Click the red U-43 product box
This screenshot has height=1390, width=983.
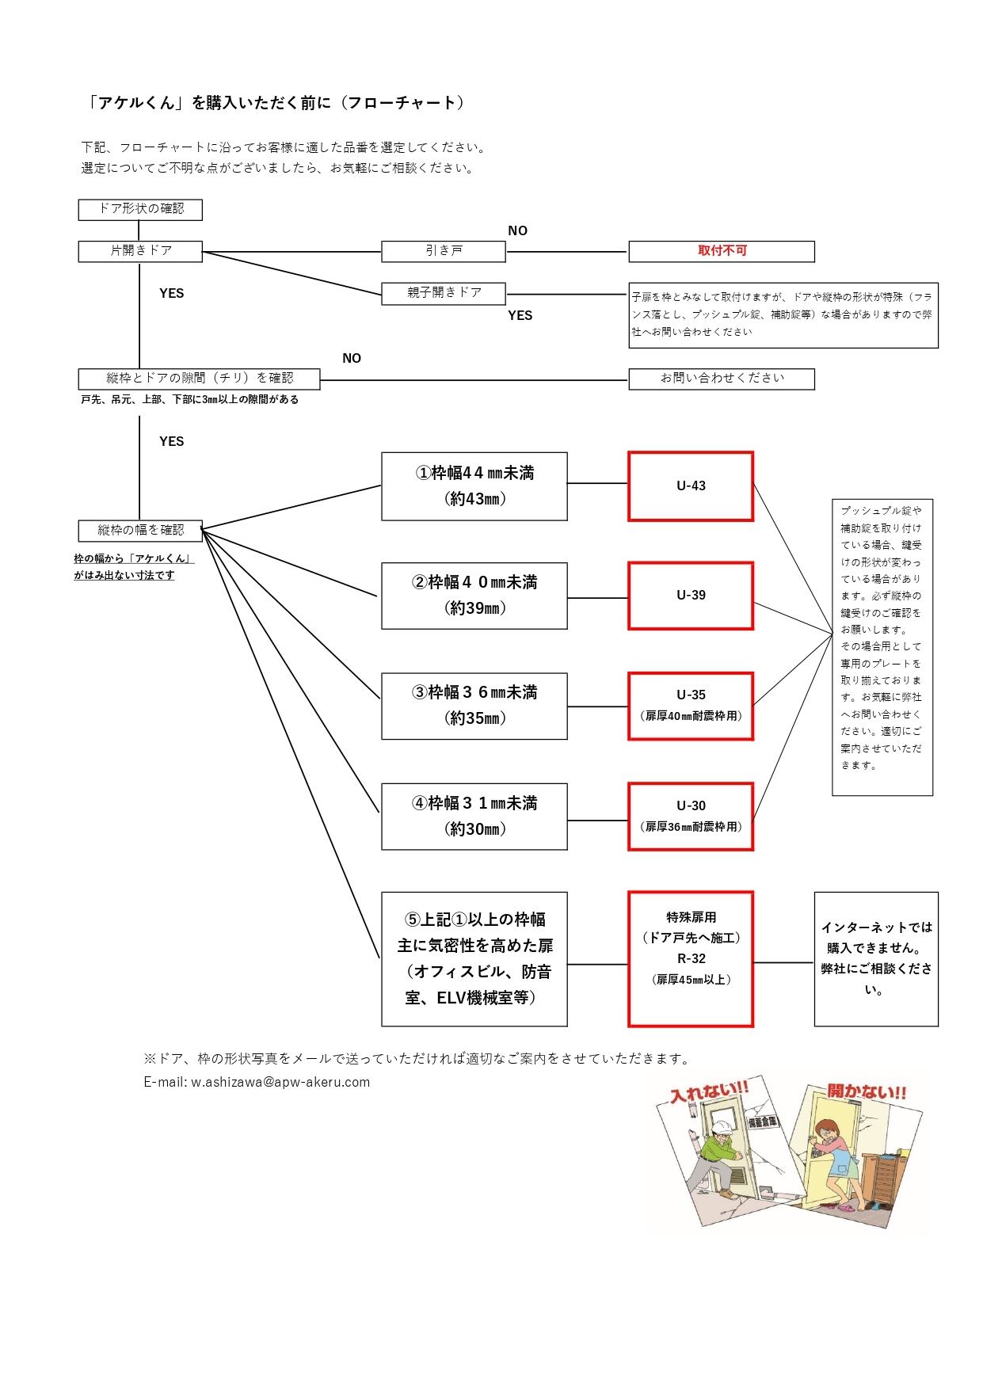pyautogui.click(x=691, y=486)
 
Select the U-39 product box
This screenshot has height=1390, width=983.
pyautogui.click(x=691, y=596)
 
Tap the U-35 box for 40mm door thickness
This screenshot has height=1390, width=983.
pyautogui.click(x=691, y=706)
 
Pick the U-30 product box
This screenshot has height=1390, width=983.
pyautogui.click(x=691, y=816)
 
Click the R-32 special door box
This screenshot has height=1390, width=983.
pyautogui.click(x=691, y=958)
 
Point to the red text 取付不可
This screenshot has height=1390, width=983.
pyautogui.click(x=722, y=250)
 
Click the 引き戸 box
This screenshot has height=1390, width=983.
pyautogui.click(x=444, y=251)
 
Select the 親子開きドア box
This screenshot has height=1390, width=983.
pyautogui.click(x=444, y=293)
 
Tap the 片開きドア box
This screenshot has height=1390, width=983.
pyautogui.click(x=140, y=251)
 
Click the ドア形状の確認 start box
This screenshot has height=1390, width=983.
pyautogui.click(x=140, y=209)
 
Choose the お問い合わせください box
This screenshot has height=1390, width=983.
pyautogui.click(x=722, y=379)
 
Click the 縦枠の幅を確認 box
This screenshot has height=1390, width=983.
pyautogui.click(x=140, y=531)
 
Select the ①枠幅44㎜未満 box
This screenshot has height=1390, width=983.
pyautogui.click(x=474, y=486)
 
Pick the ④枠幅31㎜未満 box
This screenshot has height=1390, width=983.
pyautogui.click(x=474, y=816)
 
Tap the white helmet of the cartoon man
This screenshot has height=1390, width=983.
pyautogui.click(x=721, y=1129)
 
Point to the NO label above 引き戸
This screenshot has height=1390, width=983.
pyautogui.click(x=517, y=230)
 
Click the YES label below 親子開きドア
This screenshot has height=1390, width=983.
pyautogui.click(x=520, y=315)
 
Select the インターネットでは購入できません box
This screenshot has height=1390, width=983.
pyautogui.click(x=876, y=959)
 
